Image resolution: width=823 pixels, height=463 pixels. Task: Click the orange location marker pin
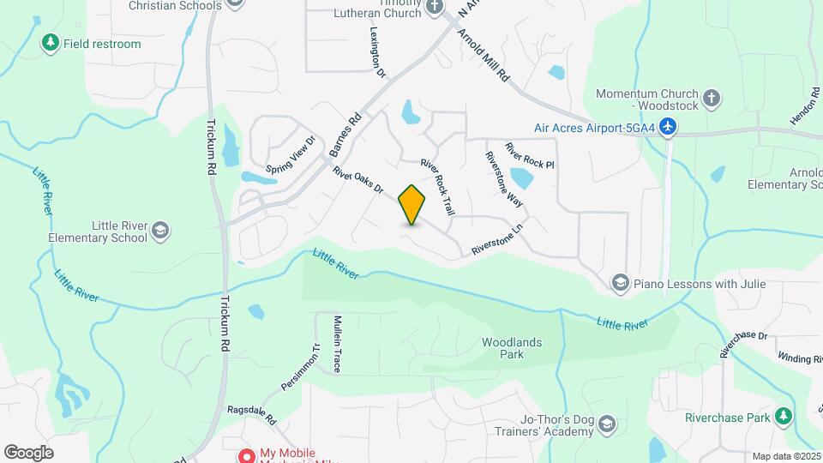tap(412, 204)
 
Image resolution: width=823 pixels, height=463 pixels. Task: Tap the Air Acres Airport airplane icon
tap(669, 128)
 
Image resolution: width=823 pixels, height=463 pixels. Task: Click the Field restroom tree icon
tap(51, 42)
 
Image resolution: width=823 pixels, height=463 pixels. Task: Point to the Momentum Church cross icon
tap(710, 99)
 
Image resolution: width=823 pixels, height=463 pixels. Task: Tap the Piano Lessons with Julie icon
tap(620, 283)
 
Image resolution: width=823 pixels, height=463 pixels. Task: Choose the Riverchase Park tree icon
tap(782, 418)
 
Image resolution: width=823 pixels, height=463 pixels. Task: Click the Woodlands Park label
tap(512, 347)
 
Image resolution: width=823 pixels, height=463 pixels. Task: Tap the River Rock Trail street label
tap(437, 186)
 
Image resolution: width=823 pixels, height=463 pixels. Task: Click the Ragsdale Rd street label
tap(251, 415)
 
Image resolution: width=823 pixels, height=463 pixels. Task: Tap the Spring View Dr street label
tap(291, 153)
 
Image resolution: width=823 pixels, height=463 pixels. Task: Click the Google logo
tap(28, 452)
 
